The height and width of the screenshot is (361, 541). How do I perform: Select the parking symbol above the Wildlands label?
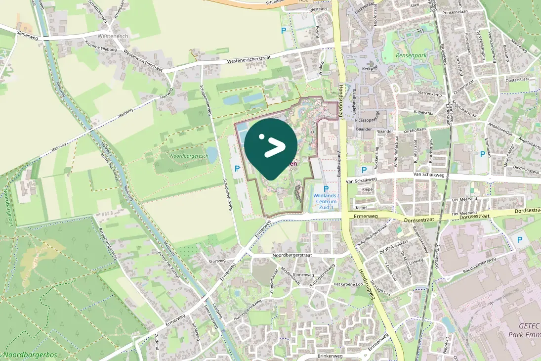pos(326,188)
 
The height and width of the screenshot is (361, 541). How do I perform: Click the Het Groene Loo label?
pos(349,284)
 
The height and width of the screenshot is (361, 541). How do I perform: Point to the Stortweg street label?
pos(217,261)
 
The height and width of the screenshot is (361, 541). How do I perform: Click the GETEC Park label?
pos(524,330)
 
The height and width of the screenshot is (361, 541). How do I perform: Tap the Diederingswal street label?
pos(526,168)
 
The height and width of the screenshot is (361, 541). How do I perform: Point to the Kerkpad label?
pos(370,69)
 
